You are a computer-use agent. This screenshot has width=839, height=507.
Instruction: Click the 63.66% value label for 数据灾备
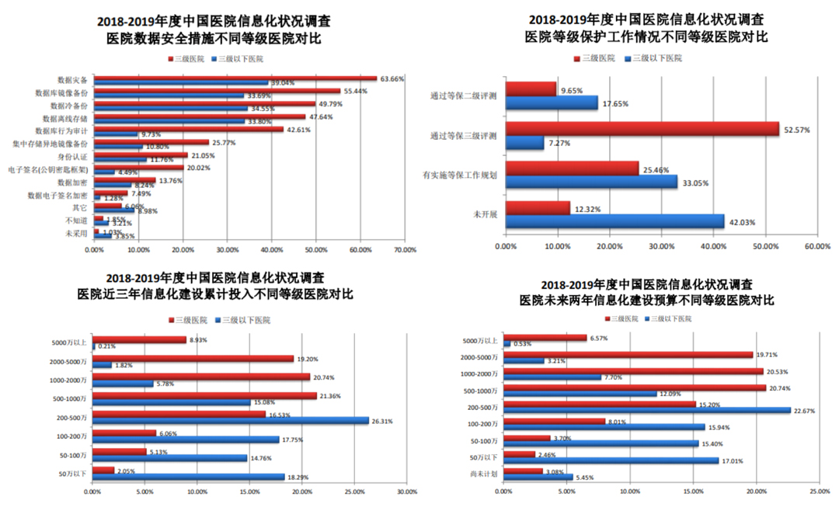(x=391, y=78)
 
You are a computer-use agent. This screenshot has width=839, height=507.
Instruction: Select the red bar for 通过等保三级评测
(x=642, y=130)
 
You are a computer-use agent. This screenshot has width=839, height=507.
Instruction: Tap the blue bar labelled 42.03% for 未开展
(x=614, y=222)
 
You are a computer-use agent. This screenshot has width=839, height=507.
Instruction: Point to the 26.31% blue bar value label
(x=385, y=422)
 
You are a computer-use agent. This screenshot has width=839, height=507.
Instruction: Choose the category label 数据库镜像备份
(x=61, y=92)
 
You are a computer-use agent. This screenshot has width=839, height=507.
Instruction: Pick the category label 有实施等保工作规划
(x=464, y=175)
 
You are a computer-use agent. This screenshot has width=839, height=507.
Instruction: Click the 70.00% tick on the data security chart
(x=405, y=250)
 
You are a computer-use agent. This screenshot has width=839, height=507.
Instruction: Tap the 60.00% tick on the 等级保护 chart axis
(x=816, y=246)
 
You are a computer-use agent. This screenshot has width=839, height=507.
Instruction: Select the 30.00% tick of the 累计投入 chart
(x=406, y=491)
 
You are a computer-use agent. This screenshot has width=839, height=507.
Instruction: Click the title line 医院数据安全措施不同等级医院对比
(x=215, y=37)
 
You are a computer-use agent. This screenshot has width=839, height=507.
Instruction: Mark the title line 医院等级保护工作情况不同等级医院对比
(x=646, y=36)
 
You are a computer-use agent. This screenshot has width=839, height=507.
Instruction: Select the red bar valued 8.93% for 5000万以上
(x=139, y=339)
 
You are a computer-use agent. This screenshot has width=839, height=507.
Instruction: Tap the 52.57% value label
(x=796, y=130)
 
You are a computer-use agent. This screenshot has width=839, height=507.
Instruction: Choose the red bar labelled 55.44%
(x=217, y=91)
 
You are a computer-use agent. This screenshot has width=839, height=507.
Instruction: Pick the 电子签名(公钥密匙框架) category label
(x=47, y=168)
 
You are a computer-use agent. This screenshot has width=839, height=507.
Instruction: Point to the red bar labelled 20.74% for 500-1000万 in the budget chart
(x=635, y=387)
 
